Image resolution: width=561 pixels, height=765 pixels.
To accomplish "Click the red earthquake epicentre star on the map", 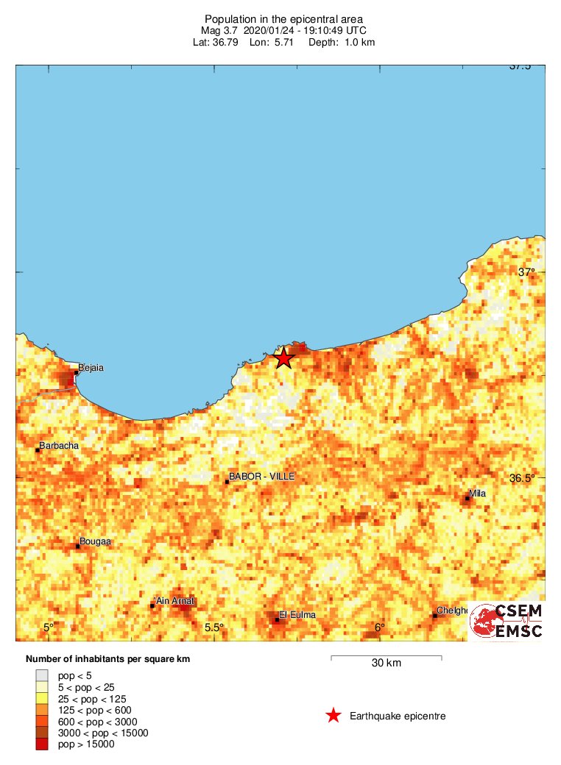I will tap(283, 358).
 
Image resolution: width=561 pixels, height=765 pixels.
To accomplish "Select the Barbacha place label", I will tap(59, 445).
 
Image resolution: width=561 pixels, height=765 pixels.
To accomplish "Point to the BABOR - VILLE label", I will tap(261, 477).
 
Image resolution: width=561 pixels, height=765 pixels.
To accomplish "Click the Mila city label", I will tap(477, 494).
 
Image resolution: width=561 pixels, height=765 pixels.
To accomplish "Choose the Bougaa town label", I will tap(95, 541).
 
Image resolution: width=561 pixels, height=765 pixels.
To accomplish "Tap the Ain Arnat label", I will tap(175, 601).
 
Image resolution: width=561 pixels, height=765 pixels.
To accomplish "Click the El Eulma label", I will tap(296, 614).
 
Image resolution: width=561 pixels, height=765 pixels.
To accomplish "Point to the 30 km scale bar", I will tap(386, 656).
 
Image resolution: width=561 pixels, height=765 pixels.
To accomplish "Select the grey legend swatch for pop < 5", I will tap(42, 675).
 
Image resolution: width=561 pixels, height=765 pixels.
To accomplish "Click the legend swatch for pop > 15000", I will tap(42, 745).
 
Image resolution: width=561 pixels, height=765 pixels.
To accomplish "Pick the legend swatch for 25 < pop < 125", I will tap(42, 698).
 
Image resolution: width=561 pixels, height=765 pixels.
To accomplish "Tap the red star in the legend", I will tap(334, 716).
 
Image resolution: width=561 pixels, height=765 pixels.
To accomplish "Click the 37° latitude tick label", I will tap(526, 272).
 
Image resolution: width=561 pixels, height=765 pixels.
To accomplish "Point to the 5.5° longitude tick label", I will tap(214, 627).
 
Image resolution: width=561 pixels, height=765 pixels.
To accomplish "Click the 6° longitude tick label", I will tap(379, 627).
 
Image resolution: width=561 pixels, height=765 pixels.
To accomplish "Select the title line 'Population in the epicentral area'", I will tap(283, 18).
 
